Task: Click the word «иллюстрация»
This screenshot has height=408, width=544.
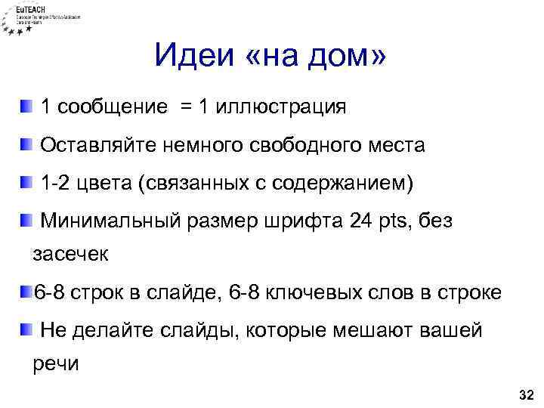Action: pos(281,107)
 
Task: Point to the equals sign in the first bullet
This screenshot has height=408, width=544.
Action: pos(185,107)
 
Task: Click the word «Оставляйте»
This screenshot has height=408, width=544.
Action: pos(98,145)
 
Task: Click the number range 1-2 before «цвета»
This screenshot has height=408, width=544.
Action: pos(56,183)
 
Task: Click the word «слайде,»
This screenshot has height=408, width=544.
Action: pos(174,292)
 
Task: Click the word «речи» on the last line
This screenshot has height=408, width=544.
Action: pos(54,363)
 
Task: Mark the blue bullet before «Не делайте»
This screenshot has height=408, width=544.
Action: pos(26,329)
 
